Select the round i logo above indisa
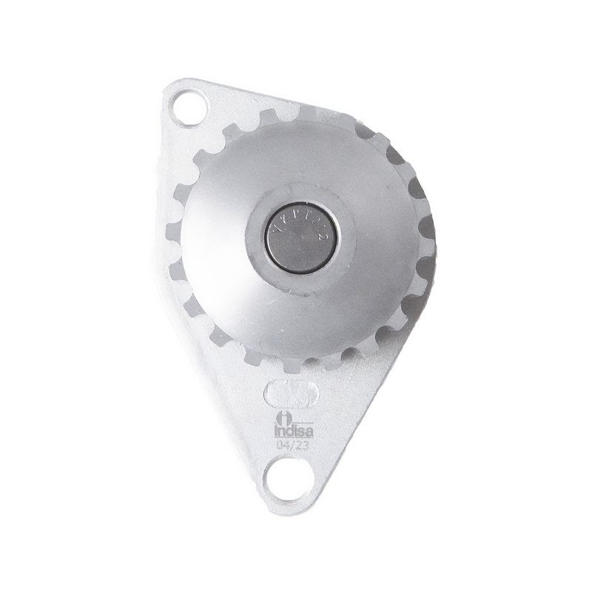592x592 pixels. [285, 419]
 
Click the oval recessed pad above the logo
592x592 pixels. [292, 391]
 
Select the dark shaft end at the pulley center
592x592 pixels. [300, 237]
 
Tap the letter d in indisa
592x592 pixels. [291, 431]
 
